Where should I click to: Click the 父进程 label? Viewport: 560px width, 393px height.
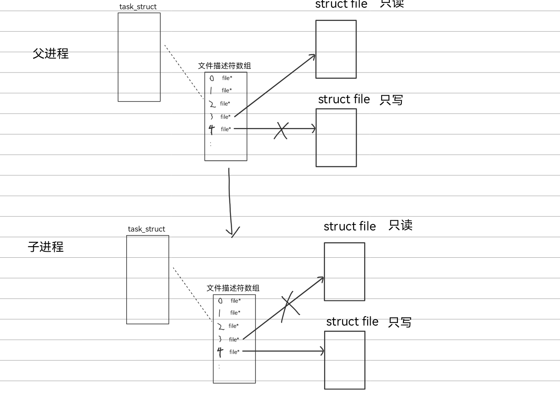tap(50, 54)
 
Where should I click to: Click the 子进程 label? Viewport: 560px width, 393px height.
tap(46, 247)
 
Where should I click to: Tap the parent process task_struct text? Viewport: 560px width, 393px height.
tap(138, 7)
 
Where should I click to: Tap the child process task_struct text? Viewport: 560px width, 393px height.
tap(146, 229)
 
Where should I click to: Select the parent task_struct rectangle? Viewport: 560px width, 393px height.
tap(139, 57)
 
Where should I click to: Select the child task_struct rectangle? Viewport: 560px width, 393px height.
tap(148, 279)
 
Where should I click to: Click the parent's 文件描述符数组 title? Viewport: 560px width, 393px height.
tap(224, 66)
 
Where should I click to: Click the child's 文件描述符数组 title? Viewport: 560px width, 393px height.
tap(233, 288)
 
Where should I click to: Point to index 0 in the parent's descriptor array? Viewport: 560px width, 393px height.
tap(212, 79)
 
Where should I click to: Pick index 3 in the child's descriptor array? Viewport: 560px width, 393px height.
tap(220, 339)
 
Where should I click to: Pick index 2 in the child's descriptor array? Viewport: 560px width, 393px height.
tap(221, 327)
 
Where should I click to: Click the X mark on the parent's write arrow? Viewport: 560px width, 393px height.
tap(281, 130)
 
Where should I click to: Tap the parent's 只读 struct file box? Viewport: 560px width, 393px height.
tap(336, 49)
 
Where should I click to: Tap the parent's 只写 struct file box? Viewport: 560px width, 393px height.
tap(336, 137)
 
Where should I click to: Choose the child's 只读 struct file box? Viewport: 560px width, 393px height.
tap(344, 272)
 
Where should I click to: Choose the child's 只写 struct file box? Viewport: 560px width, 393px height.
tap(344, 360)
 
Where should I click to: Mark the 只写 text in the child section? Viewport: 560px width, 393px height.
tap(400, 322)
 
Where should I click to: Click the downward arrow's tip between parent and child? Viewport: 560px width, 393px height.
tap(232, 236)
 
